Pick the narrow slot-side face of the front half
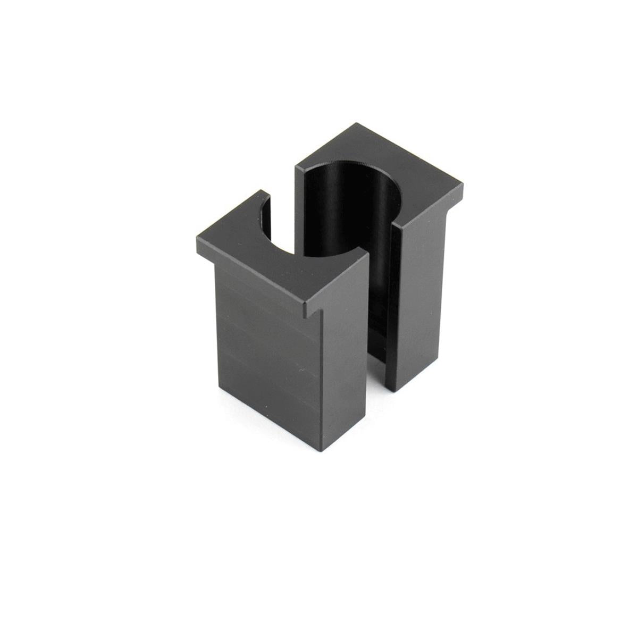[346, 346]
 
